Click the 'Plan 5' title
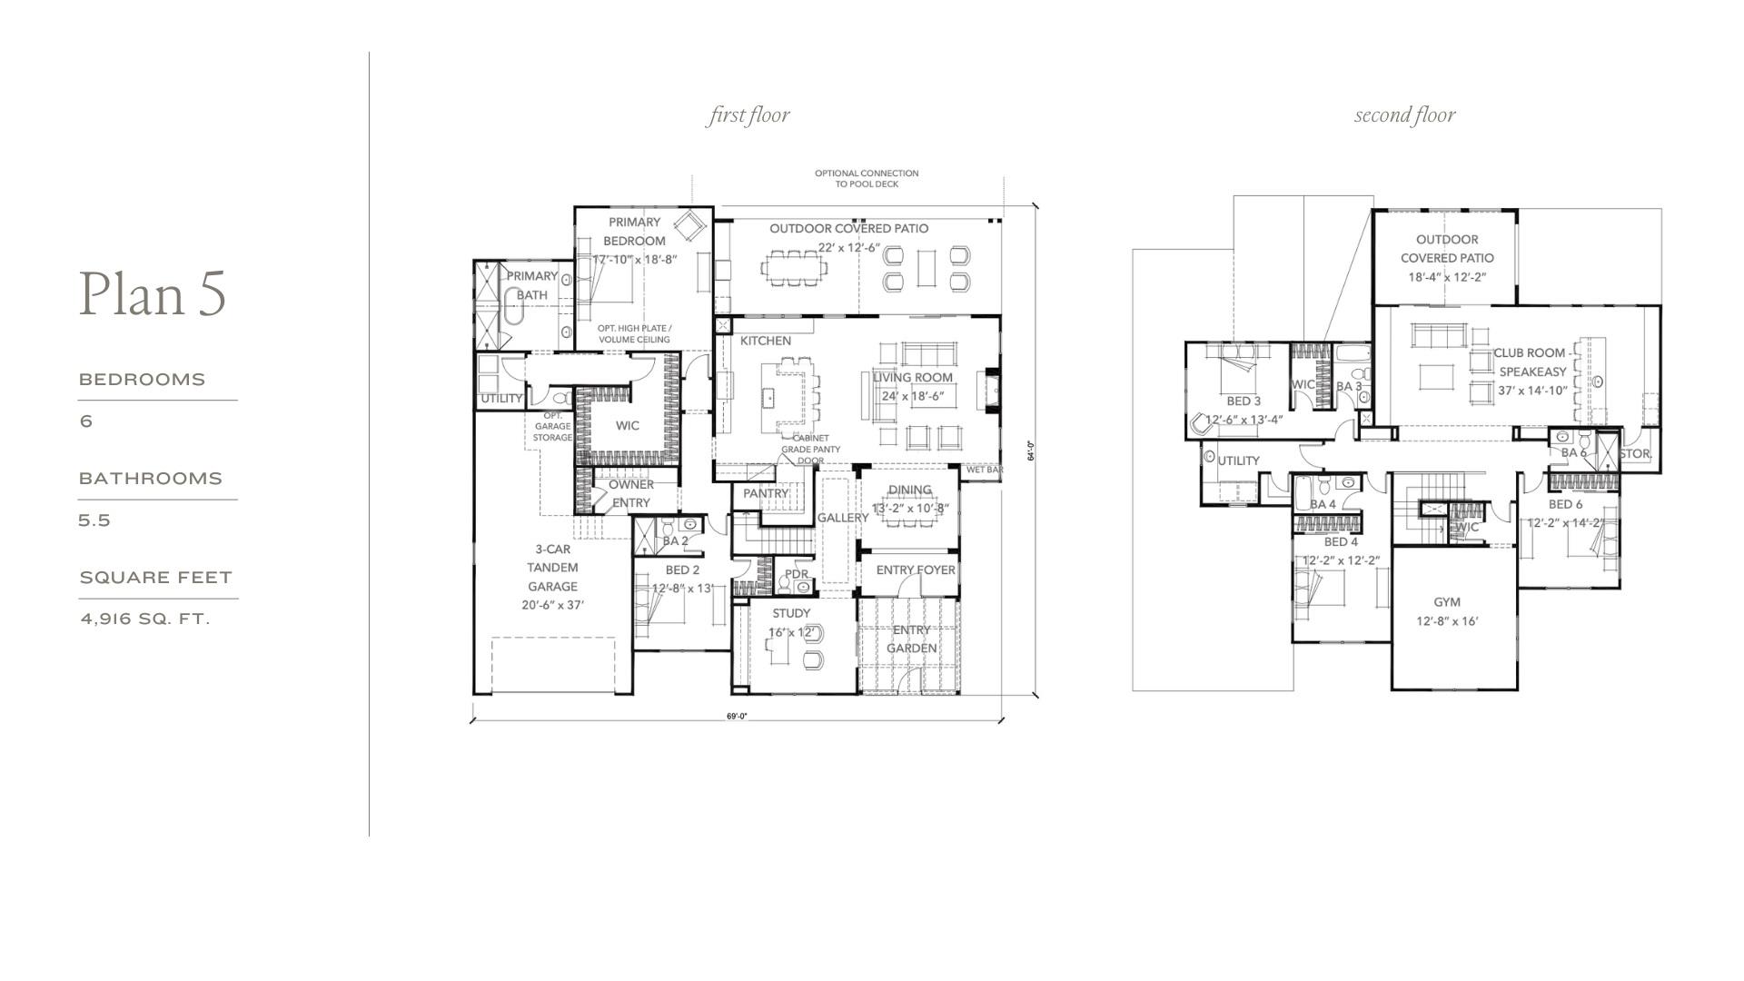[153, 294]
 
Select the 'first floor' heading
[748, 115]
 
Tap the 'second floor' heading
[1404, 115]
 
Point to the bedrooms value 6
[86, 421]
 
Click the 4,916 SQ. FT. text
[145, 619]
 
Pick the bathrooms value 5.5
[94, 520]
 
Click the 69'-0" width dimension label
[737, 716]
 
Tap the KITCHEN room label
[765, 341]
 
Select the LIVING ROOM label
[912, 377]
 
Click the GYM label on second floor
[1447, 602]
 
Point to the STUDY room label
[791, 613]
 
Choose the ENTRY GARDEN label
[911, 639]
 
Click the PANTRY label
[765, 493]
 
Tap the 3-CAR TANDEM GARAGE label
[552, 568]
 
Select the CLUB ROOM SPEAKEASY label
[1531, 362]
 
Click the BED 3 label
[1244, 401]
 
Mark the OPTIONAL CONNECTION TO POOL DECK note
[866, 178]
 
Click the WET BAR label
[984, 471]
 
